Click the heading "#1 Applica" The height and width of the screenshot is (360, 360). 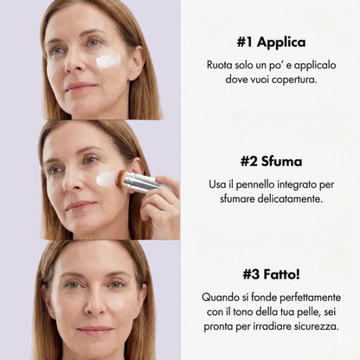pos(270,42)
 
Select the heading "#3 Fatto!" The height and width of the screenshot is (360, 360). pos(270,274)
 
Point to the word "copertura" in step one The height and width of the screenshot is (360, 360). pos(291,79)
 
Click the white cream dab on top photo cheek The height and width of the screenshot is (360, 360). pos(109,61)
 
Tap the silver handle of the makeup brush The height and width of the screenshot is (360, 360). pos(140,182)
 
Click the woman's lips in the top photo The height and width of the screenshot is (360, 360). pos(80,87)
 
